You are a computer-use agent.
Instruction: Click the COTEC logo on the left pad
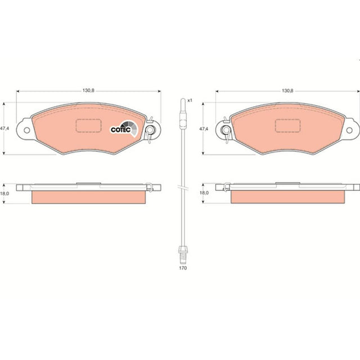pos(124,129)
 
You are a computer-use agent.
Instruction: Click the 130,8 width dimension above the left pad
pos(88,91)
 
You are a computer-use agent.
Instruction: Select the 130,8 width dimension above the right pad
pos(287,91)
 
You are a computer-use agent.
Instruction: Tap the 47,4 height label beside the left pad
pos(4,129)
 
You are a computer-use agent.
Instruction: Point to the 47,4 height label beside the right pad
pos(204,129)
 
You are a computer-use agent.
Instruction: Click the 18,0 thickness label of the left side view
pos(4,193)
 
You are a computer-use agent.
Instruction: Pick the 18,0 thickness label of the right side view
pos(204,193)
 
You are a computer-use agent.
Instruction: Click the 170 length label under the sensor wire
pos(183,268)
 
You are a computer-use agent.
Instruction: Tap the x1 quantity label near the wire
pos(190,101)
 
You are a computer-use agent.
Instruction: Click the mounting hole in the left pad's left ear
pos(26,130)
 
